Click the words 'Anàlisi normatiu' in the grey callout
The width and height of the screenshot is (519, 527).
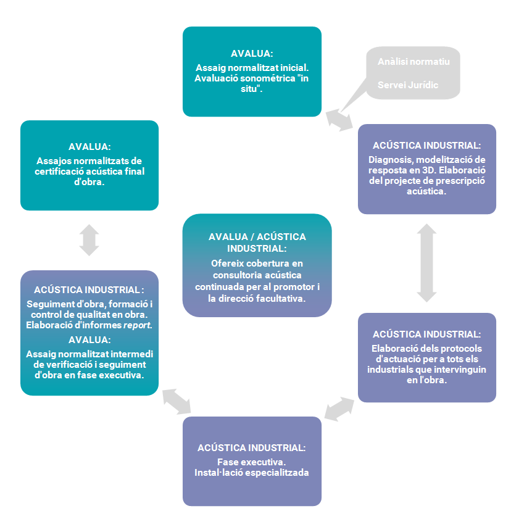pyautogui.click(x=413, y=62)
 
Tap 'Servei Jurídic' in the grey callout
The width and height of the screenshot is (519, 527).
pyautogui.click(x=408, y=85)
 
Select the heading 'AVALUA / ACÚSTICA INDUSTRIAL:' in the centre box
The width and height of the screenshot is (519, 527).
pyautogui.click(x=257, y=243)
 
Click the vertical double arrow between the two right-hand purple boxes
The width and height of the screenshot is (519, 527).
pyautogui.click(x=426, y=263)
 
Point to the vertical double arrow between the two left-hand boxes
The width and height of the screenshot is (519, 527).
pyautogui.click(x=89, y=240)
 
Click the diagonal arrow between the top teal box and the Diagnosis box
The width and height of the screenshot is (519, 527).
pyautogui.click(x=339, y=120)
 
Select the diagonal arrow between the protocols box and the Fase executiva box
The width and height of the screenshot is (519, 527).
pyautogui.click(x=339, y=409)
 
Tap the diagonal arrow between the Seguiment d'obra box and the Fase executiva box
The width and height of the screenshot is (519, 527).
pyautogui.click(x=176, y=401)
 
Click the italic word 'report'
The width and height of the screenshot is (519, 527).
pyautogui.click(x=137, y=325)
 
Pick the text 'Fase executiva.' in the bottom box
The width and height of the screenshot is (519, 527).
pyautogui.click(x=251, y=462)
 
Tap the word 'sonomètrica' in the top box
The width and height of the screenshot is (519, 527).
pyautogui.click(x=268, y=78)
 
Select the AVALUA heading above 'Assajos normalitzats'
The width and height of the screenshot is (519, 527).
pyautogui.click(x=89, y=146)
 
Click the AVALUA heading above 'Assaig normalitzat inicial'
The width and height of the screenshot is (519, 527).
pyautogui.click(x=252, y=54)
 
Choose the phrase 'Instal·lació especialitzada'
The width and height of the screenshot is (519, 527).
pyautogui.click(x=251, y=473)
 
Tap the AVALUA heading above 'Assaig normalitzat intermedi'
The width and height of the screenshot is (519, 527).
pyautogui.click(x=89, y=340)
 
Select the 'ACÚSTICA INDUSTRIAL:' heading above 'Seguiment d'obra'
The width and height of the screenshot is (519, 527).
pyautogui.click(x=89, y=289)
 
